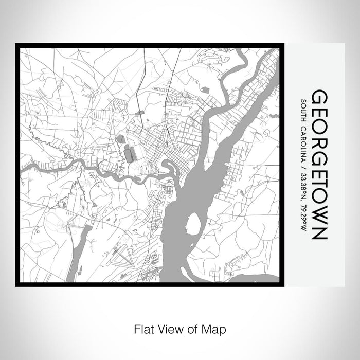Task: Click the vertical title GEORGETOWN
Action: tap(319, 165)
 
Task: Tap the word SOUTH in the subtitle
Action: tap(304, 112)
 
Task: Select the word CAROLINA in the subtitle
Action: tap(304, 146)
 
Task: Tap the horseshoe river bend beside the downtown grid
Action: tap(168, 167)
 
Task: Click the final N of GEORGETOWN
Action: tap(319, 231)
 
